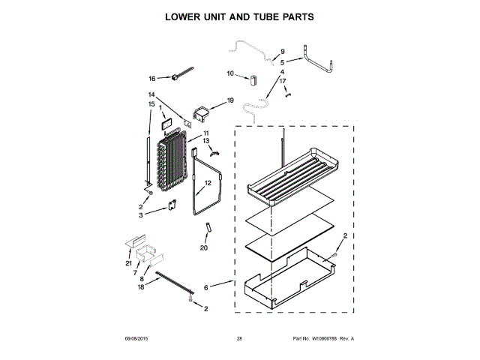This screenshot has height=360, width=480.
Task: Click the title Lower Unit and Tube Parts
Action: click(x=239, y=17)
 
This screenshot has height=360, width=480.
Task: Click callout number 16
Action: click(x=152, y=78)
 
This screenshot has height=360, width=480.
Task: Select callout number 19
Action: click(x=230, y=100)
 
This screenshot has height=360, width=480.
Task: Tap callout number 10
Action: click(x=230, y=73)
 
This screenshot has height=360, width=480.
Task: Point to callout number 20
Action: click(x=203, y=248)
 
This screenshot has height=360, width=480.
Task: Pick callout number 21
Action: click(x=128, y=263)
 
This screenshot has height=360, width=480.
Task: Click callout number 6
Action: click(x=206, y=286)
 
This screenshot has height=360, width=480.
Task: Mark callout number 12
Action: click(x=208, y=182)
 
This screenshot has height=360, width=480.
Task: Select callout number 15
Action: click(x=151, y=103)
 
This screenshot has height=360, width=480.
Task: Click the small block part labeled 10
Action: click(x=253, y=77)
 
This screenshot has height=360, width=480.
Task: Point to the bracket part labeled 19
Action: click(x=201, y=114)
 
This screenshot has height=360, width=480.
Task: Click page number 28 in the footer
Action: click(x=239, y=339)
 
